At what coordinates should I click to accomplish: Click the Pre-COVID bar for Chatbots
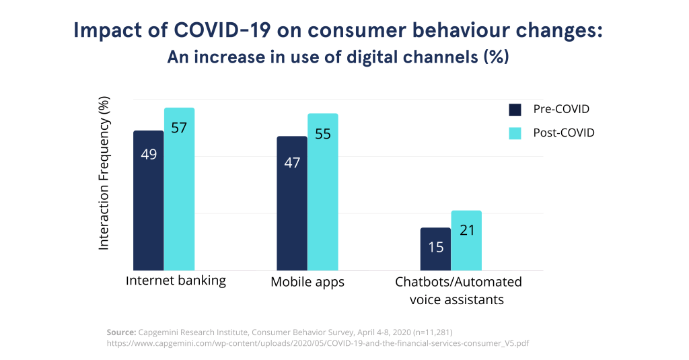click(x=435, y=249)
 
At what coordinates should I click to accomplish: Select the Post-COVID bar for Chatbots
click(x=466, y=240)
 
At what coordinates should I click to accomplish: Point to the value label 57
click(x=179, y=127)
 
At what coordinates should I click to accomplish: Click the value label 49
click(x=149, y=154)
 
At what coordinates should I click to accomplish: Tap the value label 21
click(x=467, y=230)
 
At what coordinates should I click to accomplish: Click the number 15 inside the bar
click(x=435, y=247)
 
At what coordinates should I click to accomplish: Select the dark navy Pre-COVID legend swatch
click(x=515, y=110)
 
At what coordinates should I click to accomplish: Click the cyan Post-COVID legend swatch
click(x=515, y=133)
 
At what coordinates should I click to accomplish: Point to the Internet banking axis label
click(x=176, y=280)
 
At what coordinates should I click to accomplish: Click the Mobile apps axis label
click(x=307, y=282)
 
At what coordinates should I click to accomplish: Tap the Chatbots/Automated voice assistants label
click(x=458, y=290)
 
